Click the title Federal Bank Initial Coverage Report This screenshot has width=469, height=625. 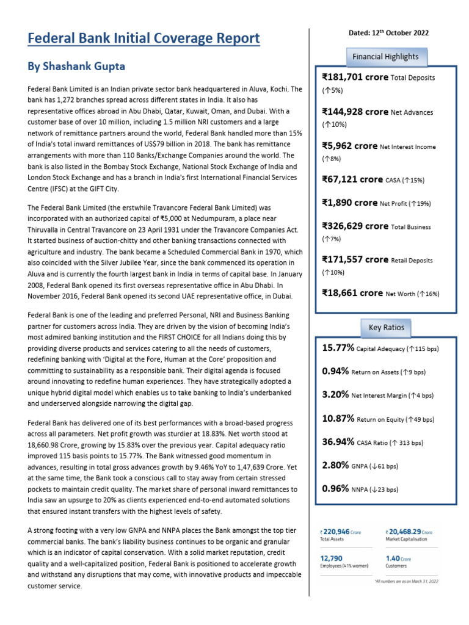tap(144, 39)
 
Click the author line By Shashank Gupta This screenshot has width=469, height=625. tap(76, 65)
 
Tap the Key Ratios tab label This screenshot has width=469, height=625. tap(386, 328)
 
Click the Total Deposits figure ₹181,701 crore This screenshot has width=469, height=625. tap(355, 78)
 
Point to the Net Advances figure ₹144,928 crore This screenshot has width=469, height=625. tap(355, 112)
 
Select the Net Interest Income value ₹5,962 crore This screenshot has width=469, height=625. tap(350, 146)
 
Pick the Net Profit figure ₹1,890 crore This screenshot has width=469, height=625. tap(350, 203)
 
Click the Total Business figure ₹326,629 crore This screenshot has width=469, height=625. tap(355, 226)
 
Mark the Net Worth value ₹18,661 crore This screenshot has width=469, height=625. tap(352, 293)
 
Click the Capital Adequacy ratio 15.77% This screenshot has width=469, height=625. tap(338, 348)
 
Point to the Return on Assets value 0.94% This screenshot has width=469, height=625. tap(335, 371)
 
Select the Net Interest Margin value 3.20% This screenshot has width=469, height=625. tap(335, 395)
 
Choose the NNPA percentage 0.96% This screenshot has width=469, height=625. tap(335, 489)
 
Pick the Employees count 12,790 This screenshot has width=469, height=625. tap(331, 558)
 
